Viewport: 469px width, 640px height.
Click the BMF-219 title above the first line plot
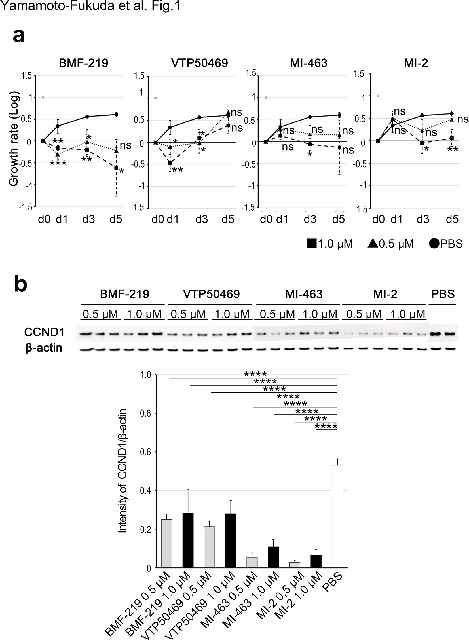coord(83,63)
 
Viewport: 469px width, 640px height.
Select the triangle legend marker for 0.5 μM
coord(373,244)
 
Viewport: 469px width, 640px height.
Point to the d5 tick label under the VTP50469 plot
coord(228,219)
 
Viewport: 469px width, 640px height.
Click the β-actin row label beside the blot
coord(44,348)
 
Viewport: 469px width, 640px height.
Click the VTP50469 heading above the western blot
coord(211,294)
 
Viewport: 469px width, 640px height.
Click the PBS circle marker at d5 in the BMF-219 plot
coord(116,115)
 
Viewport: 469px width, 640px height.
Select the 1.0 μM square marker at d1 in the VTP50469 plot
coord(170,163)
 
